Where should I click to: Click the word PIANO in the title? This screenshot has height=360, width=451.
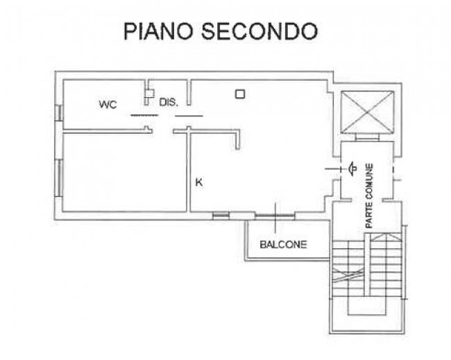tap(158, 31)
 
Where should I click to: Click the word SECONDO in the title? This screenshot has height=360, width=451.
tap(259, 31)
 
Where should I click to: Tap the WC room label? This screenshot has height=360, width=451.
tap(108, 104)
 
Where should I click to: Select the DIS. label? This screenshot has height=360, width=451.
tap(169, 102)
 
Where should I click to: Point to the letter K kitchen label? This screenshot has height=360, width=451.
tap(199, 182)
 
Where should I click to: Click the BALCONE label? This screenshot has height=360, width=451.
tap(283, 245)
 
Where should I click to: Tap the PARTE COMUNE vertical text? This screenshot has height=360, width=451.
tap(369, 196)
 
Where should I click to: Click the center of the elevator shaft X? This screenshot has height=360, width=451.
tap(367, 112)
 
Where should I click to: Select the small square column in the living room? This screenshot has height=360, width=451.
tap(240, 94)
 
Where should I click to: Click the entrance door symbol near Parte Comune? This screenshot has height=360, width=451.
tap(352, 169)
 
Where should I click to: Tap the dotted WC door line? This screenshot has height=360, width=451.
tap(144, 116)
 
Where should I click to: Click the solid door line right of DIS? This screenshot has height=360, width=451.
tap(189, 116)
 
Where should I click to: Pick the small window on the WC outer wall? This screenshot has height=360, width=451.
tap(59, 112)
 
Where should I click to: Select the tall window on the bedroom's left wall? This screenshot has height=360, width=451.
tap(59, 178)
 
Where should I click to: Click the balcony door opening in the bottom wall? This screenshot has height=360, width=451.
tap(275, 216)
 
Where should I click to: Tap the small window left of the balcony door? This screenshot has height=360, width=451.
tap(221, 216)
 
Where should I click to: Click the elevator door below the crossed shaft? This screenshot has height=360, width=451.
tap(367, 137)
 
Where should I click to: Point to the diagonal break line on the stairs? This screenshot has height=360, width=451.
tap(348, 276)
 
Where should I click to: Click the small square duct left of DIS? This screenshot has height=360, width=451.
tap(148, 94)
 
